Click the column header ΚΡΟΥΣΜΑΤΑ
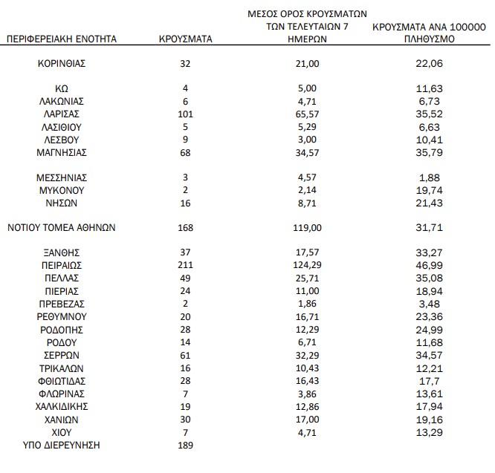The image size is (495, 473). tap(186, 39)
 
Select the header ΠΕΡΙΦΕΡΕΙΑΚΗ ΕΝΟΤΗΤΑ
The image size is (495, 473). tap(62, 39)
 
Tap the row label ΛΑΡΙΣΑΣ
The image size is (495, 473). tap(62, 114)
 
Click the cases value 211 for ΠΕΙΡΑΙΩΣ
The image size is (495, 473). tap(186, 264)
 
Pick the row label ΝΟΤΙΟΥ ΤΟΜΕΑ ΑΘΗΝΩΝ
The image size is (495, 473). tap(62, 227)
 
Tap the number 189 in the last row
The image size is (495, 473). tap(186, 445)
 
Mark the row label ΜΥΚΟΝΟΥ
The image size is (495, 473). tap(62, 189)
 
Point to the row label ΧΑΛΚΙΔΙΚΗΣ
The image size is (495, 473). tap(62, 406)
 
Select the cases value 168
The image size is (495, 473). tap(186, 227)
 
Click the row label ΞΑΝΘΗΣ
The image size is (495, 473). tap(62, 252)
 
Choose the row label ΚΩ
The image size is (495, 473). tap(62, 88)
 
